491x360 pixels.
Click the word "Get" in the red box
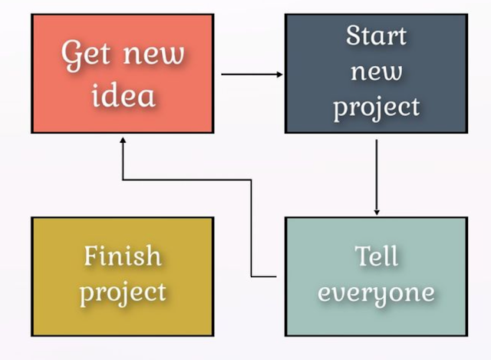84,55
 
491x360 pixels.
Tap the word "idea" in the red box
123,95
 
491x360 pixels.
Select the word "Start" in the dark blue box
376,35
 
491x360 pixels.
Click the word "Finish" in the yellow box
123,255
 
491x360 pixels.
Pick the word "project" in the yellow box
123,292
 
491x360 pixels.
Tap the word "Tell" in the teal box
377,256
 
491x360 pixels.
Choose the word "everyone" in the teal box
376,293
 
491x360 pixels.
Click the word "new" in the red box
152,55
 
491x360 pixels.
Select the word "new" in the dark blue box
376,72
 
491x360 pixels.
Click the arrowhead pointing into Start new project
279,74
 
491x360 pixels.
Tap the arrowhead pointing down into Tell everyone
377,211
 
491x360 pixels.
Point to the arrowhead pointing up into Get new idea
123,140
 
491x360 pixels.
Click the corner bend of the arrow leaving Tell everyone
252,180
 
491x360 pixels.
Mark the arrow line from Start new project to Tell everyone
377,173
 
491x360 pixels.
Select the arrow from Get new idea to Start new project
249,74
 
